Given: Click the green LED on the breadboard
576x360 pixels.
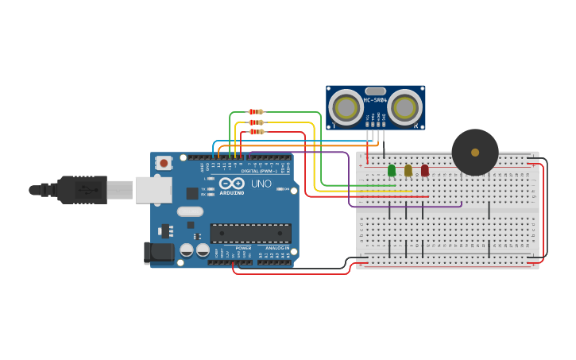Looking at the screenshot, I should click(x=392, y=170).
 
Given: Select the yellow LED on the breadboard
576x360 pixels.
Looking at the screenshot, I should click(x=408, y=170).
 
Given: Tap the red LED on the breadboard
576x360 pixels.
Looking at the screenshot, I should click(x=425, y=170).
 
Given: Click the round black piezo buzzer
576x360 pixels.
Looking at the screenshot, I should click(x=475, y=152).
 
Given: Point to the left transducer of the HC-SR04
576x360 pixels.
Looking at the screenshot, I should click(x=346, y=106).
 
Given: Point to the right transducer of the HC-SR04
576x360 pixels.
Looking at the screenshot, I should click(x=405, y=106).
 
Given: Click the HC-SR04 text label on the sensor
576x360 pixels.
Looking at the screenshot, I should click(x=375, y=100).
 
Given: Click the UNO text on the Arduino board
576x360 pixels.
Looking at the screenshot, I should click(x=261, y=184).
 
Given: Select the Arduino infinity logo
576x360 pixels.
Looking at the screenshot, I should click(x=232, y=184).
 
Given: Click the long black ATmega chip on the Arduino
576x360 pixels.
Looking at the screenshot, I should click(x=250, y=233).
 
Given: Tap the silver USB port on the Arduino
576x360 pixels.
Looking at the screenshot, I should click(x=153, y=190).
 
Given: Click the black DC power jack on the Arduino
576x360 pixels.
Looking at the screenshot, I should click(x=158, y=253).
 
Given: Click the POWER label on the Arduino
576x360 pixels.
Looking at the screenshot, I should click(x=243, y=248).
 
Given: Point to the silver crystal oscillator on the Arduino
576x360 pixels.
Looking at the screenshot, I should click(x=190, y=211).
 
